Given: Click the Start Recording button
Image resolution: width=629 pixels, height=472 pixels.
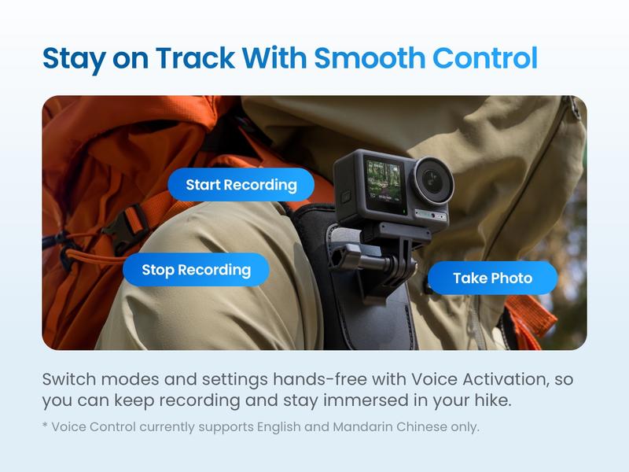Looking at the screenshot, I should tap(241, 186).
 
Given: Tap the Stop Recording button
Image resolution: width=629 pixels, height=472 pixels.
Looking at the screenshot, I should tap(196, 270).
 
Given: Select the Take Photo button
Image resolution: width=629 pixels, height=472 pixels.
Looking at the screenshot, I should tap(492, 278).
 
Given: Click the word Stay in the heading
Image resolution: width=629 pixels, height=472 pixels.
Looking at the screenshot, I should tap(72, 59).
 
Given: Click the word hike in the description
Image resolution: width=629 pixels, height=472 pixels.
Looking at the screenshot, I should tap(492, 400).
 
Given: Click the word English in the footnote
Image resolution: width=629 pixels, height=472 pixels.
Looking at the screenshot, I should tap(281, 427).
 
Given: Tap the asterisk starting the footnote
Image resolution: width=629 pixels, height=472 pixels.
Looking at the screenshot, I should tap(45, 426).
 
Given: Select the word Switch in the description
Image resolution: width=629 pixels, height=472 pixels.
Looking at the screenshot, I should tap(68, 378).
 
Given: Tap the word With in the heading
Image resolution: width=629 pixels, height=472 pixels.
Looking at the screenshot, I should tap(274, 59).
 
